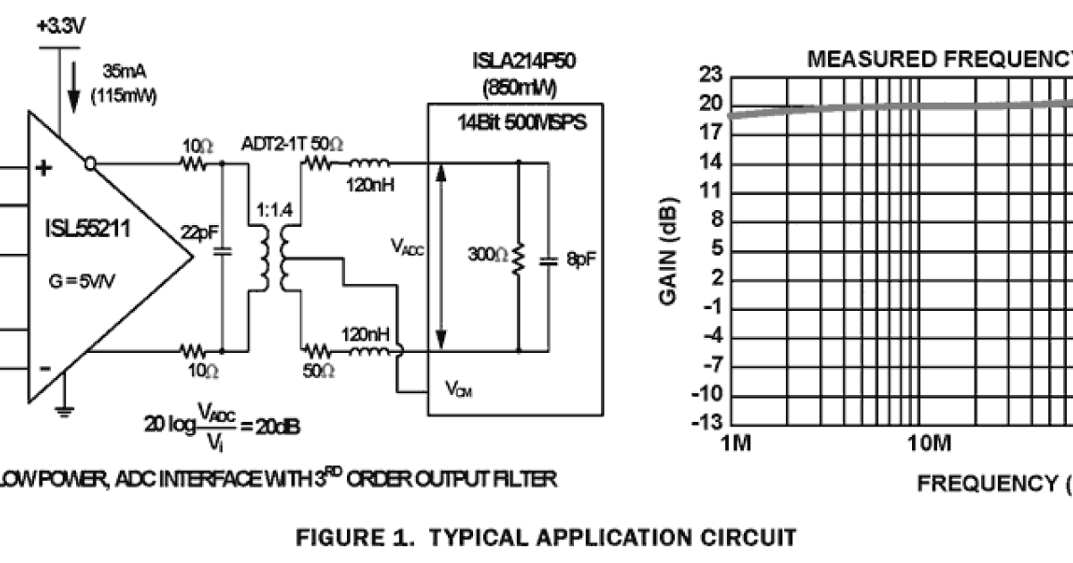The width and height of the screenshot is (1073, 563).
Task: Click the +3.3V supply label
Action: pos(61,27)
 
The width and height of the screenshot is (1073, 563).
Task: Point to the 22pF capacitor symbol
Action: pos(221,253)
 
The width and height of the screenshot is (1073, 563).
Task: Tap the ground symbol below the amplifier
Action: pos(63,411)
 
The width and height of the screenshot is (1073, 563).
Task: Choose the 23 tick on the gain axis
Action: pos(710,77)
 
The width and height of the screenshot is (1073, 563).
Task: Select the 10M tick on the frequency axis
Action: pos(927,444)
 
